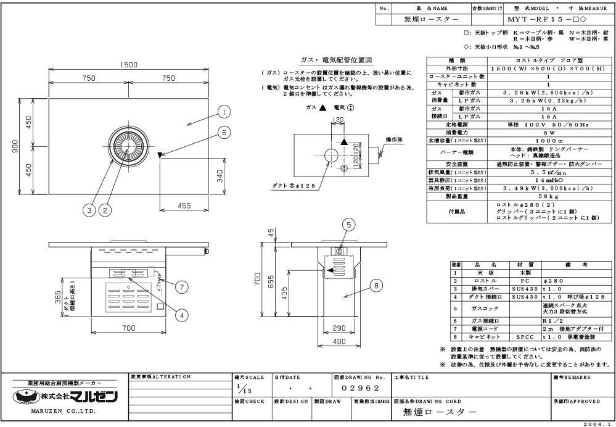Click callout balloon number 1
pyautogui.click(x=223, y=112)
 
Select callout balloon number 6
pyautogui.click(x=224, y=132)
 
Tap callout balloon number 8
pyautogui.click(x=376, y=286)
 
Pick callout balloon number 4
pyautogui.click(x=181, y=314)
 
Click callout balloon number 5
pyautogui.click(x=348, y=225)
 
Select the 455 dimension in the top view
pyautogui.click(x=184, y=206)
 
